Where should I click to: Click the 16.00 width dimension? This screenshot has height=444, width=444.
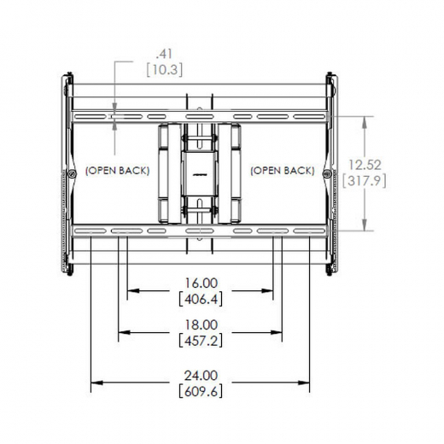(200, 283)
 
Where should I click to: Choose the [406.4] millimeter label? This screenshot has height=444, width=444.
(200, 299)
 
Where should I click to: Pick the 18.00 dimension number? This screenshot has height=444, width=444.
(200, 324)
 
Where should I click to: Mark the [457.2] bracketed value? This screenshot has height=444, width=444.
(200, 341)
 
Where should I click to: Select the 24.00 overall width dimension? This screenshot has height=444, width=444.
(200, 374)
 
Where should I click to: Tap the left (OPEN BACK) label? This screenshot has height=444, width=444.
(117, 171)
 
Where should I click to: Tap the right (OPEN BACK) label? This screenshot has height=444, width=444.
(282, 171)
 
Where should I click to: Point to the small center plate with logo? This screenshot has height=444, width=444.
(200, 170)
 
